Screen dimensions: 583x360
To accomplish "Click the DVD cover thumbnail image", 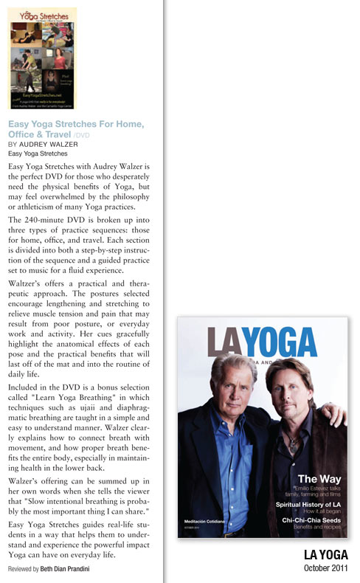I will pos(41,58).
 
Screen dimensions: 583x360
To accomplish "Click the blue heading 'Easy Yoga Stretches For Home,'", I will pos(75,124).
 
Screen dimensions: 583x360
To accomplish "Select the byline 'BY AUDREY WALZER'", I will pos(44,145).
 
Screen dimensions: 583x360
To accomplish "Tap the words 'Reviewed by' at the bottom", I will pos(24,571).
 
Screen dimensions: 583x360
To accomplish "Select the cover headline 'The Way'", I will pos(318,479).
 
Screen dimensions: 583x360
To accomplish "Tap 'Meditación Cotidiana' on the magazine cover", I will pos(204,521).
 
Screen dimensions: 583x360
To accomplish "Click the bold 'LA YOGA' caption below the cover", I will pos(326,554).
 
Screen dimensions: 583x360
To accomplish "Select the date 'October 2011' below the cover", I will pos(325,568).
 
